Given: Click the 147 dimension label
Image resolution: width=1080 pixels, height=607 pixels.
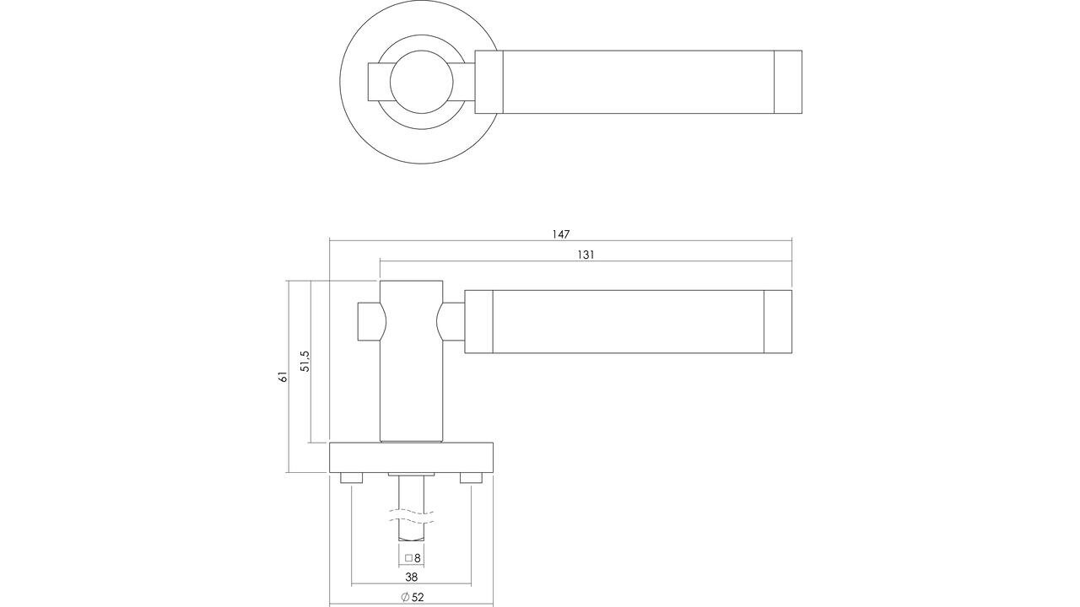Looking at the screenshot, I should pos(561,234).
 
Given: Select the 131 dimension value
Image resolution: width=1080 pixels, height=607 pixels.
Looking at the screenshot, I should pos(586,255).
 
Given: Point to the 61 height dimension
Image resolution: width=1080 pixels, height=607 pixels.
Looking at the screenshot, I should pos(283,376).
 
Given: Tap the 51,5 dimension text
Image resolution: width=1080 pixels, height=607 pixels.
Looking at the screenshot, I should pos(305,362).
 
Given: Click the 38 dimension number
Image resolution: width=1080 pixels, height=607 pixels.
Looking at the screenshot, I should pos(411,577).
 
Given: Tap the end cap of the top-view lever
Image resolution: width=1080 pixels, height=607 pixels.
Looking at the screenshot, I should pos(788,82).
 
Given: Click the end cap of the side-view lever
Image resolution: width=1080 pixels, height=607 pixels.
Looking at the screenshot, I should pos(777,321).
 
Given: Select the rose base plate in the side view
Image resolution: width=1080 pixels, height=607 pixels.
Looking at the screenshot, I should pos(411,458).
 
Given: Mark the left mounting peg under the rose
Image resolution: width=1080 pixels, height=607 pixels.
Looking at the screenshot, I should pos(351,478).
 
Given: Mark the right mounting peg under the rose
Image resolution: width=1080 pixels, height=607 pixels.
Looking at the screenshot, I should pos(471,478).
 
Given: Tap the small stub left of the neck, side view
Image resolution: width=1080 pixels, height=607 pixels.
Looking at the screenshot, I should pos(367,321).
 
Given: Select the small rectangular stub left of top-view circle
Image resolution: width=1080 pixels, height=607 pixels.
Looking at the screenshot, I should pos(376,82).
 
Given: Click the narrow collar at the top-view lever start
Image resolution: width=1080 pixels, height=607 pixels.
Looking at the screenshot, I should pos(489,82).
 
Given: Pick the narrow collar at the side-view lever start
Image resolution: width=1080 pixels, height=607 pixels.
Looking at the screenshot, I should pos(479,321).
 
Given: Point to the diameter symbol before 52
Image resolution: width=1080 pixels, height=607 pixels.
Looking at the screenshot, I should pos(405,598).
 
